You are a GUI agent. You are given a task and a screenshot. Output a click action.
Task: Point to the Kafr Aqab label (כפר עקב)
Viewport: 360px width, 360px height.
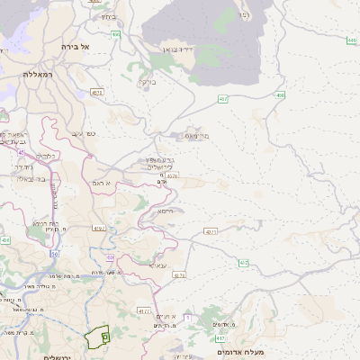point(85,133)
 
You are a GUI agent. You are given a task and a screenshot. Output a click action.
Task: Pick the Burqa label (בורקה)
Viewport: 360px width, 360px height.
point(145,82)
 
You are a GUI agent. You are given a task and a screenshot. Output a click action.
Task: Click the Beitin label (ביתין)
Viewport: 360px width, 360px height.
point(109,16)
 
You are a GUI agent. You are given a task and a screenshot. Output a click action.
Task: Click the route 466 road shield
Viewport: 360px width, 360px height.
point(116,34)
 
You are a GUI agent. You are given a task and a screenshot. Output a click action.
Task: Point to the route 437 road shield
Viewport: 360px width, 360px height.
point(244,263)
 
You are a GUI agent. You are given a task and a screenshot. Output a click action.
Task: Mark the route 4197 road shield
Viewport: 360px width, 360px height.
point(99,229)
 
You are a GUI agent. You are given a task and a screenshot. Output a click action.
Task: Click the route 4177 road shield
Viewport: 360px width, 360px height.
point(144,311)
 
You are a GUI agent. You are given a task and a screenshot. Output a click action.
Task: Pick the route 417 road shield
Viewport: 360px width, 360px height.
point(220,338)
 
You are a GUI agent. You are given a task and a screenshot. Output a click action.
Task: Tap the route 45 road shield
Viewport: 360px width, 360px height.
point(21,153)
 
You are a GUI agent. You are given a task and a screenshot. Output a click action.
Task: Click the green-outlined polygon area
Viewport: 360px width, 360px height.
point(96,337)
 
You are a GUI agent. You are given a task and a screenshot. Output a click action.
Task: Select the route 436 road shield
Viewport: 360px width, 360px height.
point(5,240)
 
